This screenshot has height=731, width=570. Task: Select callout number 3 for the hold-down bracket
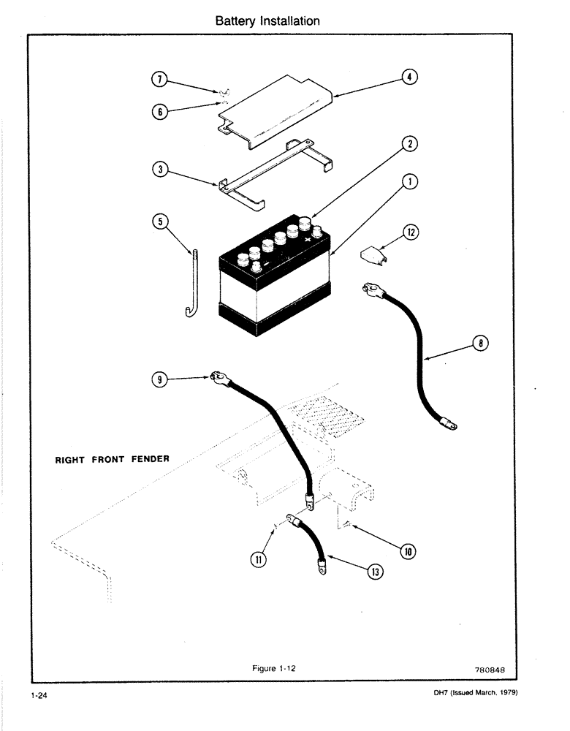157,170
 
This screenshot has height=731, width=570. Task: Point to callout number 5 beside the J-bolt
157,220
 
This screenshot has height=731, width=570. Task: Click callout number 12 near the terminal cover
411,232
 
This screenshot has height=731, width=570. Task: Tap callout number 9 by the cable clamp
158,379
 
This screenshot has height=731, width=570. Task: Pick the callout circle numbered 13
376,572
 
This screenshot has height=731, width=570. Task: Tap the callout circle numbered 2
411,144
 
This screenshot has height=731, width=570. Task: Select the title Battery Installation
267,21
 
